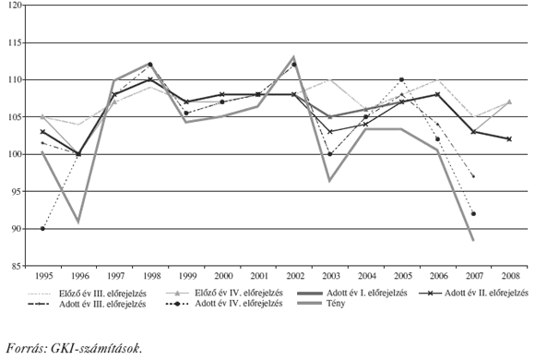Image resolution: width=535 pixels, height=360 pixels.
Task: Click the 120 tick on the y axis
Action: [x=17, y=6]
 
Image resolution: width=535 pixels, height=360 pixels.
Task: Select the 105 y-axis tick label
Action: [x=17, y=117]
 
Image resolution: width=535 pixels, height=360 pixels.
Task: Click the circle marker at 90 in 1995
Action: [x=42, y=228]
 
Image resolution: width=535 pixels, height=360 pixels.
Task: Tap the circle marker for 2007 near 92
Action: [x=473, y=213]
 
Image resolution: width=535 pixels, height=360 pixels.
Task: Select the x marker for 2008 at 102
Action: [x=508, y=139]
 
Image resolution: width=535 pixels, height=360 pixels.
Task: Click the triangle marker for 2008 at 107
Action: [x=508, y=102]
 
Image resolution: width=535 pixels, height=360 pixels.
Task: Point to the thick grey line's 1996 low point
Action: [x=78, y=222]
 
